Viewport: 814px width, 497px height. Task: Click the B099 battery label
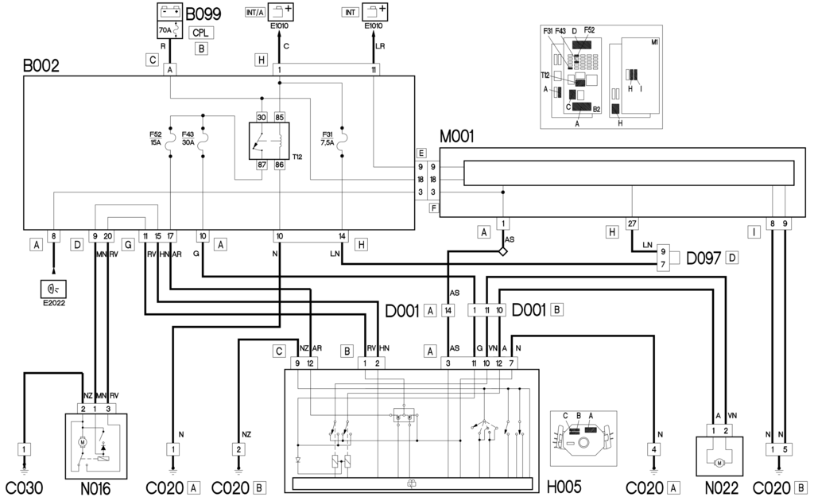[x=203, y=14]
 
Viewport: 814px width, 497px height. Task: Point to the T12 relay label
[x=297, y=157]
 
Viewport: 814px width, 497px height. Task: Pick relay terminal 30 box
[x=261, y=116]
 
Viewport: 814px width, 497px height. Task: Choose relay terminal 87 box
[x=261, y=165]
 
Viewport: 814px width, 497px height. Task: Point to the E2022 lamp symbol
[x=53, y=287]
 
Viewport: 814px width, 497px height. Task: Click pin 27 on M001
[x=632, y=223]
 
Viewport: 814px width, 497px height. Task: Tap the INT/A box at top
[x=256, y=13]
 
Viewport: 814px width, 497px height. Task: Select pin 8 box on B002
[x=53, y=236]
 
